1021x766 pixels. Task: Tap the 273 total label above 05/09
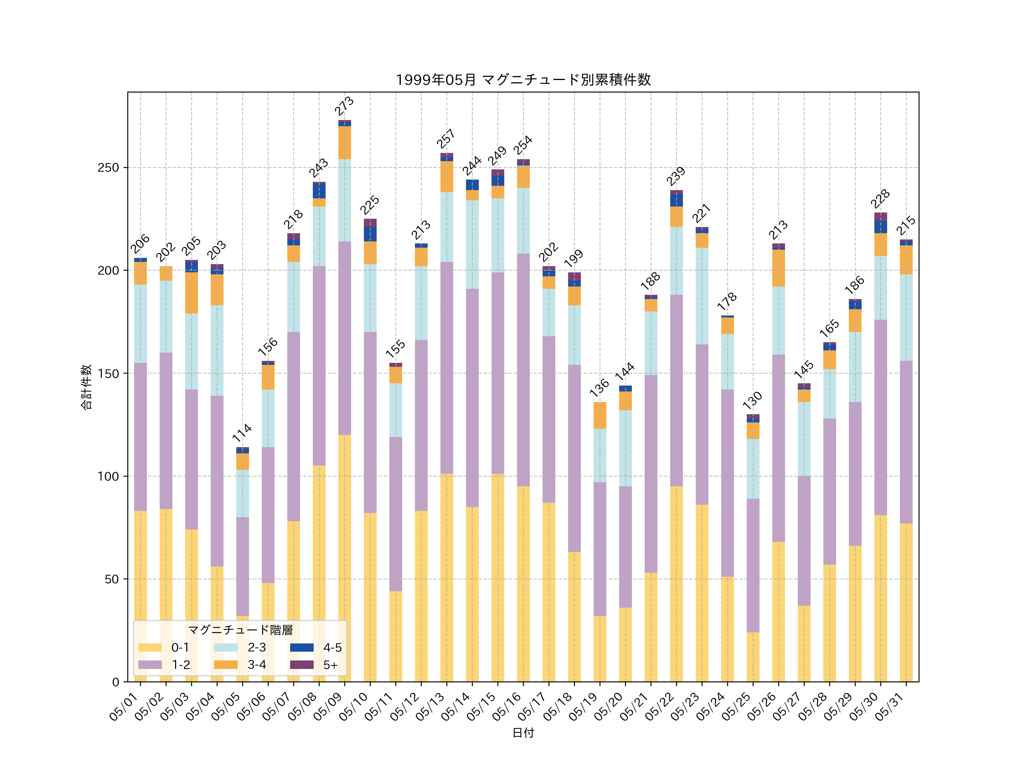pyautogui.click(x=344, y=106)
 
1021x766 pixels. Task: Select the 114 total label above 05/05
pyautogui.click(x=242, y=433)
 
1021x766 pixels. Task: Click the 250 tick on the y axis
pyautogui.click(x=108, y=168)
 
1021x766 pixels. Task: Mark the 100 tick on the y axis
pyautogui.click(x=108, y=476)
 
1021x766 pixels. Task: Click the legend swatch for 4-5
pyautogui.click(x=301, y=647)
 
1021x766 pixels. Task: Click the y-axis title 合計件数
pyautogui.click(x=86, y=387)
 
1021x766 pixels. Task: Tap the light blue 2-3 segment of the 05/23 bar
pyautogui.click(x=702, y=296)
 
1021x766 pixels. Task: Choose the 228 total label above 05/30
pyautogui.click(x=880, y=199)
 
